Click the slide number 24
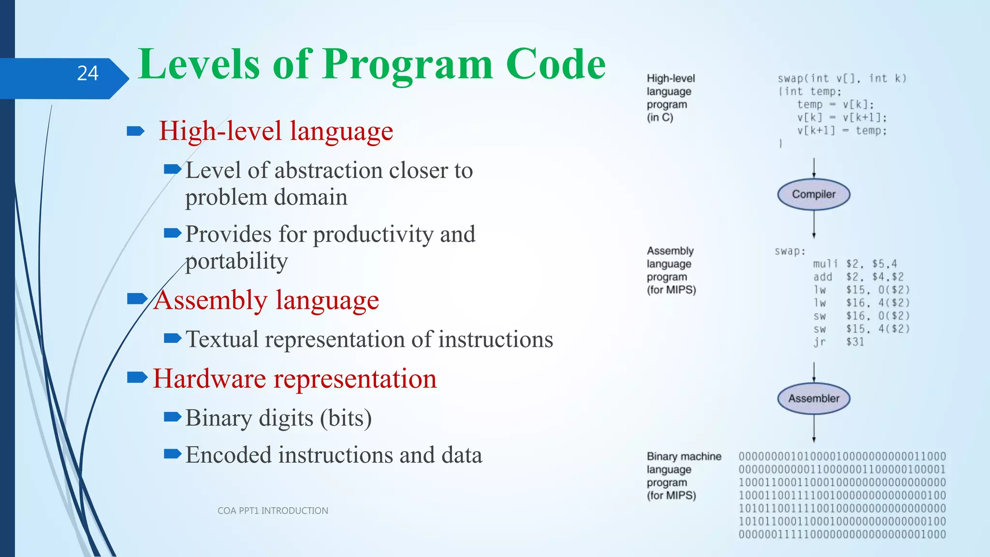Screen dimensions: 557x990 tap(87, 73)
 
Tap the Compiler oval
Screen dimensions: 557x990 tap(814, 194)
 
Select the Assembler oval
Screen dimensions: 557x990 tap(814, 398)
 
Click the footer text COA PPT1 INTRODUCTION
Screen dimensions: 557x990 tap(273, 511)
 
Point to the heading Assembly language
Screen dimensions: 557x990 tap(266, 300)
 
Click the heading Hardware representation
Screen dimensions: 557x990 tap(294, 379)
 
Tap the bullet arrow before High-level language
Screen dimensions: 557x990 tap(135, 131)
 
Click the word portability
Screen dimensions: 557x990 tap(236, 261)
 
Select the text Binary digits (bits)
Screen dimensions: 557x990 tap(278, 418)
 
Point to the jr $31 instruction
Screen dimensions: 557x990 tap(838, 342)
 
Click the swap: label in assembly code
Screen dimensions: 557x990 tap(790, 251)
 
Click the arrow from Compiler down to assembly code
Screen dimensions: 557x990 tap(814, 225)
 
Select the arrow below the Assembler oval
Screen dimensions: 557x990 tap(814, 428)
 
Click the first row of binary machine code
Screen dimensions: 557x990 tap(842, 456)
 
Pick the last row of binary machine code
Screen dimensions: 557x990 tap(842, 534)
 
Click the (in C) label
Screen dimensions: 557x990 tap(660, 117)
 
